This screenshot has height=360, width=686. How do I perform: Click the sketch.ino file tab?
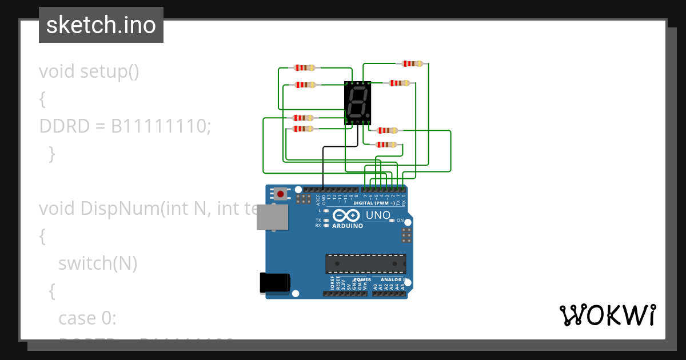[x=101, y=25]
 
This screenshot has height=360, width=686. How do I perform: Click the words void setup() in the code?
[x=89, y=72]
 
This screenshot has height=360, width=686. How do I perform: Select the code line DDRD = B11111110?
[x=125, y=126]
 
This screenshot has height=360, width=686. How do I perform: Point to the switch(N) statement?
[x=98, y=263]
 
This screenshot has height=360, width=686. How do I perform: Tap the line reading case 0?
[x=87, y=318]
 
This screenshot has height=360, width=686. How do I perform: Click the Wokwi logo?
[x=607, y=315]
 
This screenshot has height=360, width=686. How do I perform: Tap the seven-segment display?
[x=358, y=103]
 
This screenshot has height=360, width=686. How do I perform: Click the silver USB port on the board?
[x=272, y=218]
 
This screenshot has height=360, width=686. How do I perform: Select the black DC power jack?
[x=275, y=283]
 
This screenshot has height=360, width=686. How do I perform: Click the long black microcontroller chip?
[x=366, y=263]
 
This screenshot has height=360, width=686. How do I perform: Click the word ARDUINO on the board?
[x=348, y=226]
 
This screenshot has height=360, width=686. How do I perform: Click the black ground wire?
[x=324, y=166]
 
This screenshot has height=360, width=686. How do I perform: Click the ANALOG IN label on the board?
[x=391, y=279]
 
